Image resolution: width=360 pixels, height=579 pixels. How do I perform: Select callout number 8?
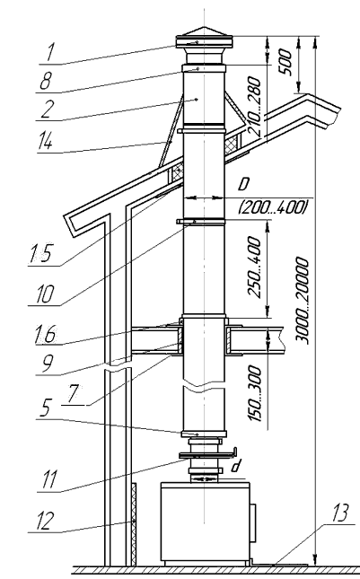point(46,81)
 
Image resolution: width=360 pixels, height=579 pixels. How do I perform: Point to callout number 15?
point(40,252)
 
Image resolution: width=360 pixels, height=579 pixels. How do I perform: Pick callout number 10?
point(45,294)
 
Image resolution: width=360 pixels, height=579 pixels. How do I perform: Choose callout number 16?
point(45,334)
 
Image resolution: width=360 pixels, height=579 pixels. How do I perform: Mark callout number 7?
point(73,394)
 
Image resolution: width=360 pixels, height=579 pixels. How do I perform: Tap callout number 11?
point(48,479)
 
